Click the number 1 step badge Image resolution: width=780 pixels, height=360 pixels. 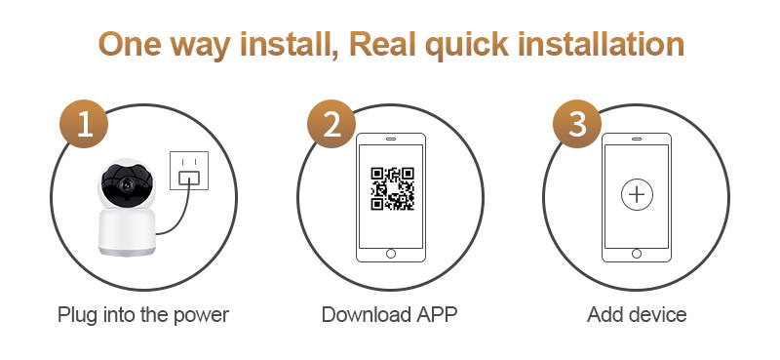(x=84, y=124)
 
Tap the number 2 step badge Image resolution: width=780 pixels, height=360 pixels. (x=331, y=124)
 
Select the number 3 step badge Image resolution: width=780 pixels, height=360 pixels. (x=577, y=124)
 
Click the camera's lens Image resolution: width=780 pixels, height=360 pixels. (x=127, y=184)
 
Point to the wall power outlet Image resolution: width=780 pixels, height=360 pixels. (x=189, y=171)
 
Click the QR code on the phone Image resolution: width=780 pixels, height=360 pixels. (x=393, y=188)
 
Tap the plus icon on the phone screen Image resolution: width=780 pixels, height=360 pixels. (x=637, y=194)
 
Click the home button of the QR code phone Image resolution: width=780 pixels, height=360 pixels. (x=391, y=254)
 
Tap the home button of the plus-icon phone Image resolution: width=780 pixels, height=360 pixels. (x=637, y=254)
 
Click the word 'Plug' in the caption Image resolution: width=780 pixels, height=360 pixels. (x=77, y=316)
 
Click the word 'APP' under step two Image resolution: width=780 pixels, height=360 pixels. (x=437, y=315)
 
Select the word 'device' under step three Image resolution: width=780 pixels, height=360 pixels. (x=659, y=315)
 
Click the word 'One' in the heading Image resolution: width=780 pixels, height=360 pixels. (x=130, y=44)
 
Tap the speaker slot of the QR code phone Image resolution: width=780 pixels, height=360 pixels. (x=391, y=139)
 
